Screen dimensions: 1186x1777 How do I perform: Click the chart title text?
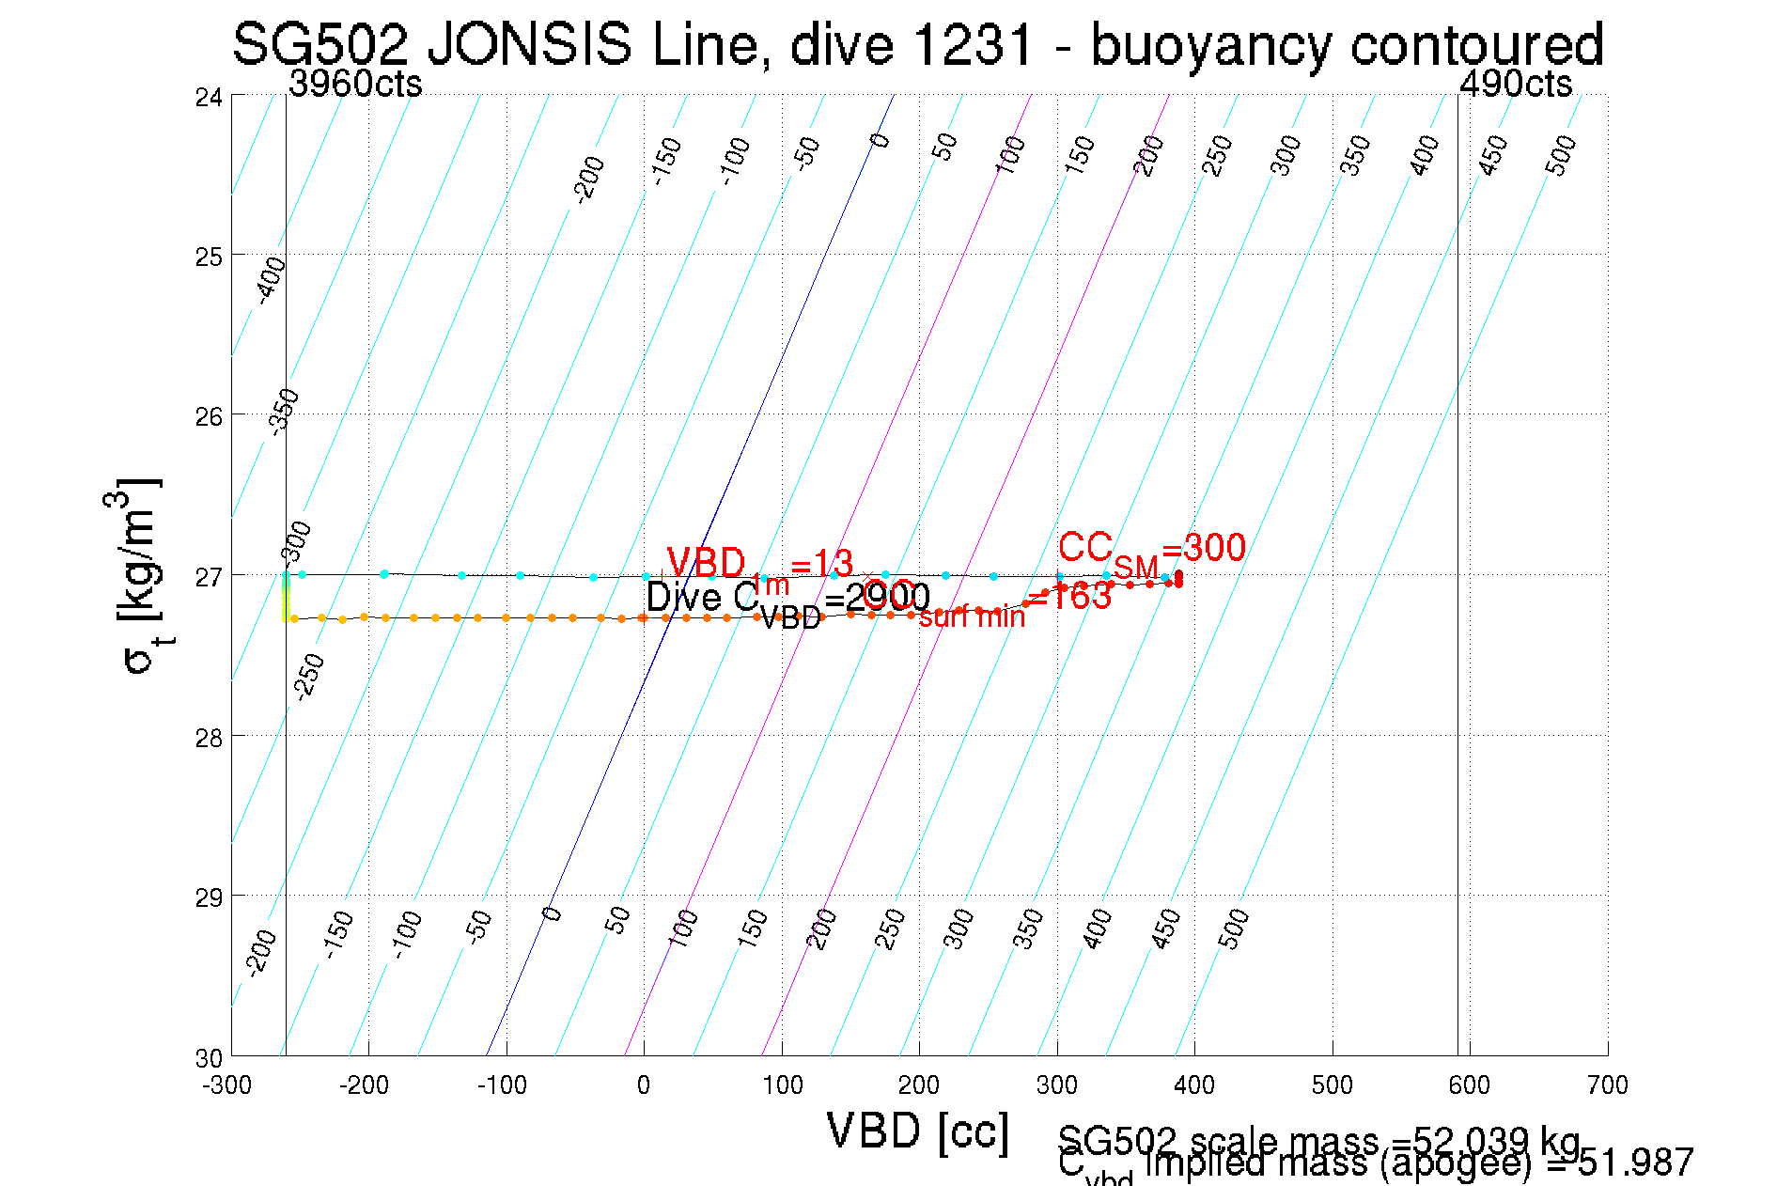tap(917, 43)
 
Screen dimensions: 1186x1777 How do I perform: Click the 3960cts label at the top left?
tap(355, 85)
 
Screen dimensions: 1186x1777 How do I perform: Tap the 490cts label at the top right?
tap(1515, 85)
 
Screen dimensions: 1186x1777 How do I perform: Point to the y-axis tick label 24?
tap(209, 97)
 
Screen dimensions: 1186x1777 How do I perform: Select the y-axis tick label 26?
tap(209, 415)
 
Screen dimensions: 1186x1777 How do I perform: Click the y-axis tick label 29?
tap(209, 897)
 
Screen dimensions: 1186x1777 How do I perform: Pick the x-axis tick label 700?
tap(1607, 1085)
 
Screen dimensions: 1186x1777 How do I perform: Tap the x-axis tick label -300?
tap(227, 1085)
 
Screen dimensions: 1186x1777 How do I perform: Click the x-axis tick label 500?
tap(1332, 1085)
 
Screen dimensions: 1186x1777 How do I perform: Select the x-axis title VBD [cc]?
tap(917, 1131)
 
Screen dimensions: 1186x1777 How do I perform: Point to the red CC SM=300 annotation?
tap(1151, 551)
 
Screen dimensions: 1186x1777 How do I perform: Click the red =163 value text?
tap(1071, 597)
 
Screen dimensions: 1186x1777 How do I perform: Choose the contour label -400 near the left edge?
tap(272, 279)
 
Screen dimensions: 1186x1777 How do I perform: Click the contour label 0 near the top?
tap(880, 141)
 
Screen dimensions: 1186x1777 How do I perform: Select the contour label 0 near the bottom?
tap(553, 913)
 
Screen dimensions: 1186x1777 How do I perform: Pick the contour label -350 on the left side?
tap(284, 411)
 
